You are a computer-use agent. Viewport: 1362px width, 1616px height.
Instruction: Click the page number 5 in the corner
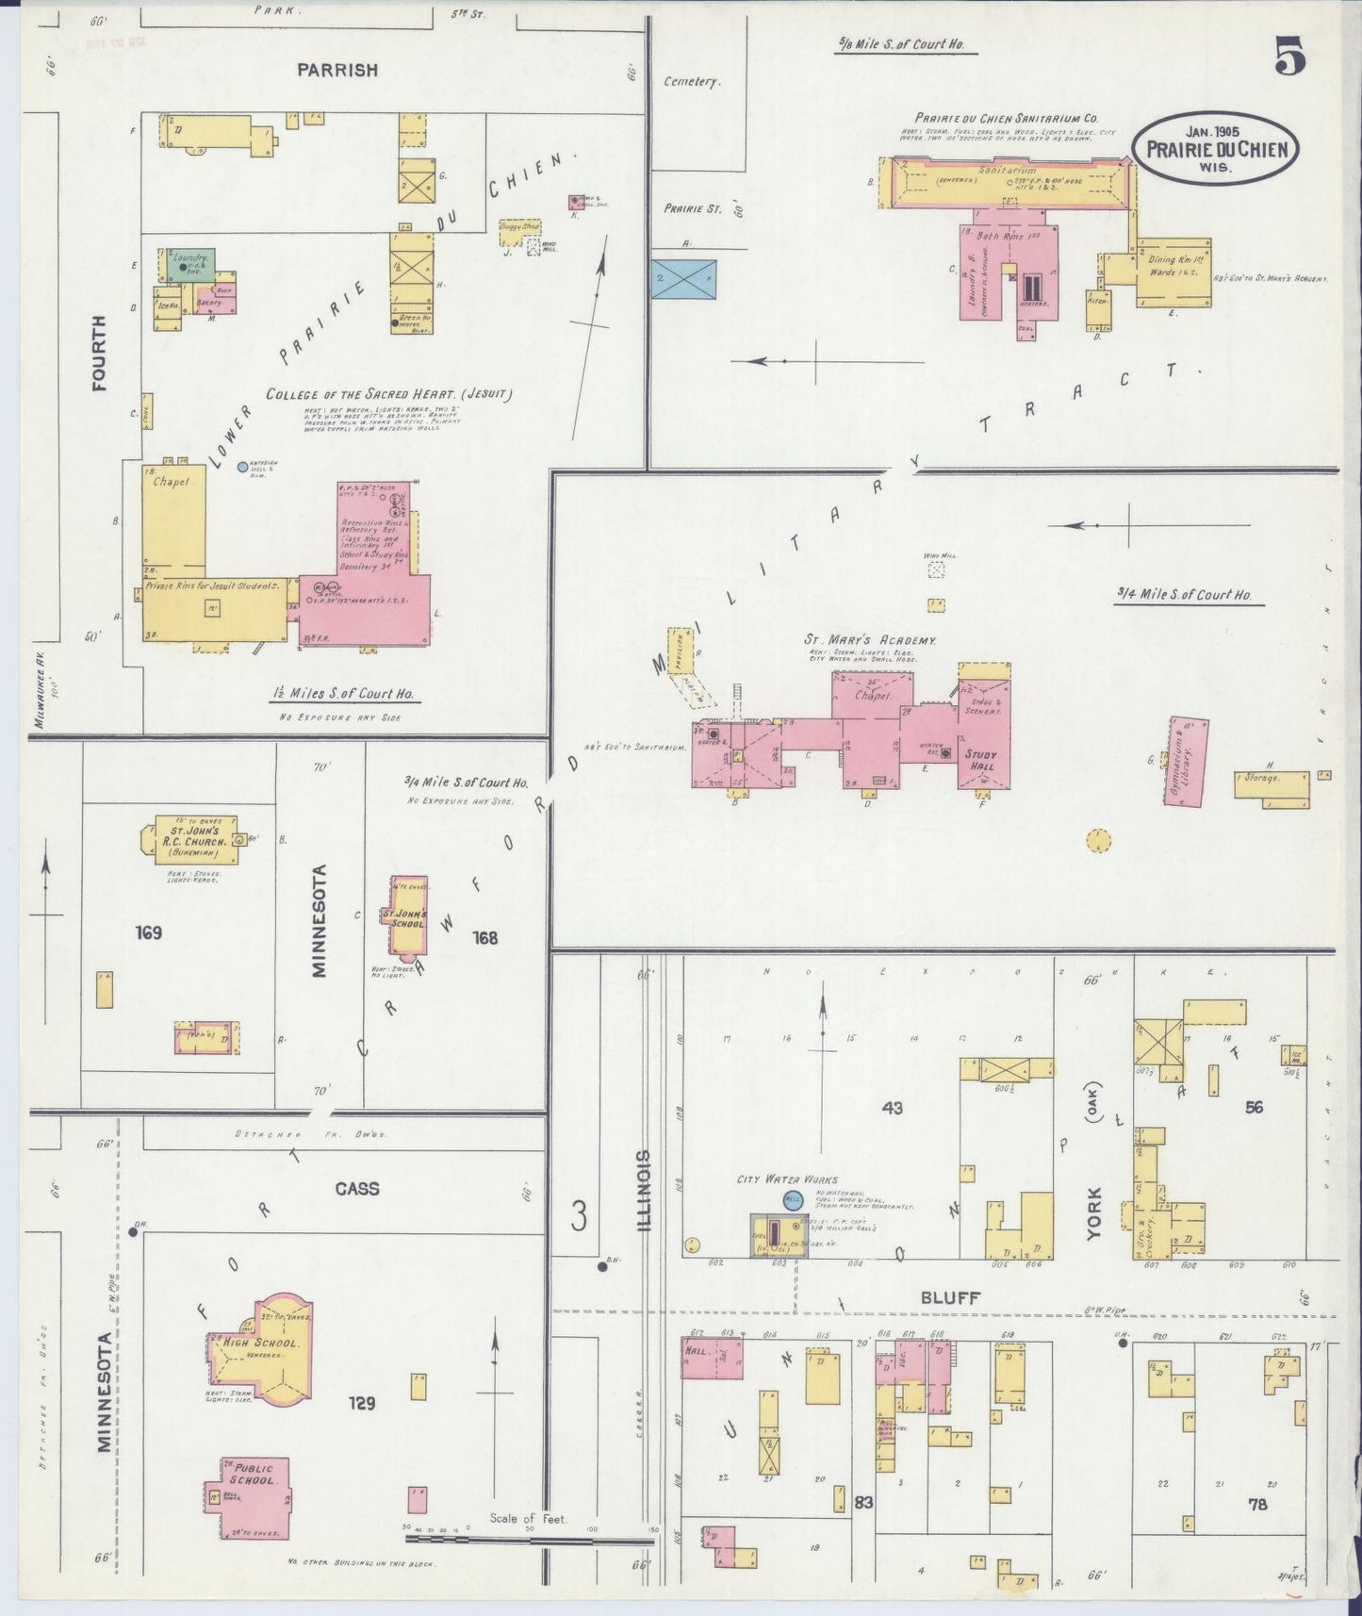tap(1290, 58)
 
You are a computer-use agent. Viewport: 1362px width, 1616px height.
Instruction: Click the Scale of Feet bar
tap(529, 1540)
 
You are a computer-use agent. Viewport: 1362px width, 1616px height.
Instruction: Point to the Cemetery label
tap(692, 82)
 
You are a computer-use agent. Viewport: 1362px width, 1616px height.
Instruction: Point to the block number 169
tap(148, 933)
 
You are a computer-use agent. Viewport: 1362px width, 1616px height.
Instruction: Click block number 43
tap(892, 1108)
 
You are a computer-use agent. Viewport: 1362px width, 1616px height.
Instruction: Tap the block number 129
tap(361, 1404)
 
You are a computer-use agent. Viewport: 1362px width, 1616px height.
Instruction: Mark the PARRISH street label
tap(337, 70)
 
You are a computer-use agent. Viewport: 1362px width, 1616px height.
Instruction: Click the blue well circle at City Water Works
tap(792, 1200)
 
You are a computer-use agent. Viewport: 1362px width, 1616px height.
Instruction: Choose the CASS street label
tap(357, 1188)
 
